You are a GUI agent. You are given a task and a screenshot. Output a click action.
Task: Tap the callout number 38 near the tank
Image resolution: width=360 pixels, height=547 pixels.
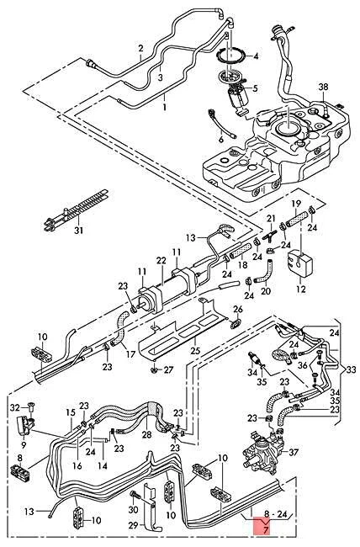click(x=323, y=88)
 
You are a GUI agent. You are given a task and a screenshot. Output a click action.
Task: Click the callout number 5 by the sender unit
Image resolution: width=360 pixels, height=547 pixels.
click(x=256, y=88)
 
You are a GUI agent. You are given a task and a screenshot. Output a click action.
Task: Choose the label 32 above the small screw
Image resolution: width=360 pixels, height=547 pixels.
click(x=14, y=406)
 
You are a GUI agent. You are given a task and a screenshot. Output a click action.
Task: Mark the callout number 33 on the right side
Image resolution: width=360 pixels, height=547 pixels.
click(x=350, y=367)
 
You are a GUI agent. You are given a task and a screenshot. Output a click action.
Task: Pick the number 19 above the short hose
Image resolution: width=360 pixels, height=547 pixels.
click(x=296, y=204)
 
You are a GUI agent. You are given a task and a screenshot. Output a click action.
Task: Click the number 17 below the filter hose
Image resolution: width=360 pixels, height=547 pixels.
click(x=130, y=355)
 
